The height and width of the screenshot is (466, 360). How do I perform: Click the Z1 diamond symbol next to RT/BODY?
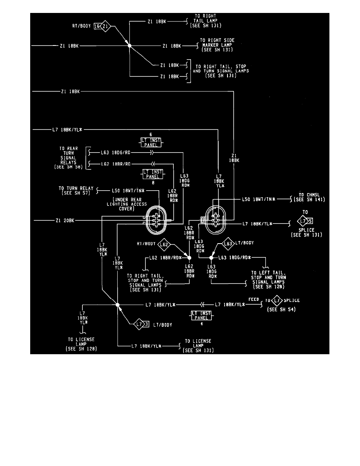pos(106,27)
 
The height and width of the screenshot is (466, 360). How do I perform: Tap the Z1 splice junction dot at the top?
pos(130,46)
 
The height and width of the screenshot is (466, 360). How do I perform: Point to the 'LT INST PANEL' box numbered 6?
pos(151,142)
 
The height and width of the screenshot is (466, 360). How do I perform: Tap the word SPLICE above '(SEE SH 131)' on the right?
pos(306,230)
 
